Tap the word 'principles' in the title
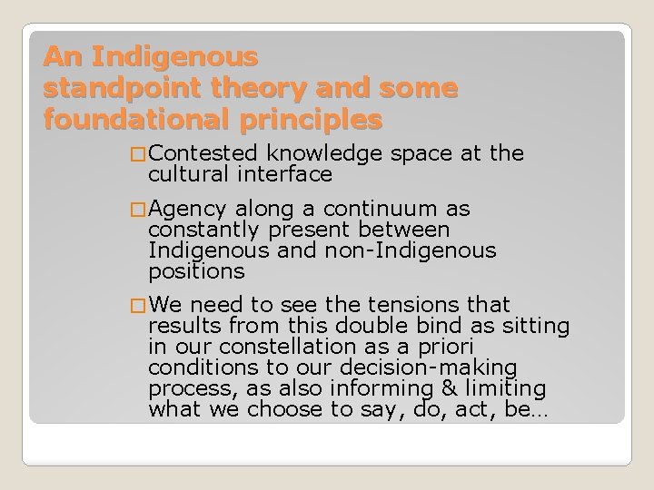[x=309, y=119]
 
